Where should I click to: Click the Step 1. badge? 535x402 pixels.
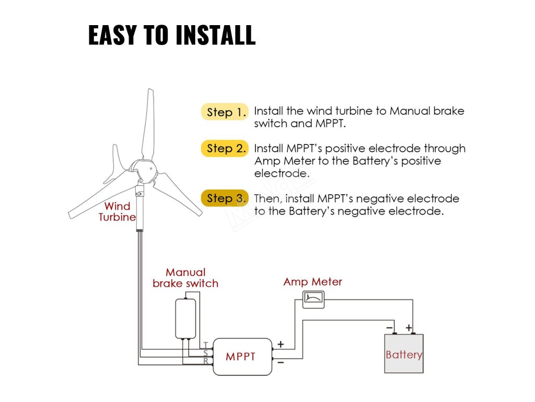click(x=225, y=112)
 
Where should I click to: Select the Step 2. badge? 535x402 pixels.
click(x=225, y=149)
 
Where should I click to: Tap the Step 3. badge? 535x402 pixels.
click(x=225, y=198)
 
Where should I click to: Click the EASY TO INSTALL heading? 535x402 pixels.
click(x=172, y=36)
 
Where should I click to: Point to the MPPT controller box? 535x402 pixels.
click(x=242, y=356)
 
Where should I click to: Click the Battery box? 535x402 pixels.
click(x=403, y=354)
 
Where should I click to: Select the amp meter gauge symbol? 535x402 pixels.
click(x=313, y=299)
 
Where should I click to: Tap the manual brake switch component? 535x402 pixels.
click(x=185, y=319)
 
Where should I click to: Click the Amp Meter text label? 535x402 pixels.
click(x=312, y=282)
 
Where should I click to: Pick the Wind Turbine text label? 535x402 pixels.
click(x=117, y=211)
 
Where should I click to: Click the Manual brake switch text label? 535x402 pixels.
click(x=185, y=278)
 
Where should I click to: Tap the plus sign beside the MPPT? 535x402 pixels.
click(x=281, y=344)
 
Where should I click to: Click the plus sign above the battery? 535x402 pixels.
click(x=409, y=328)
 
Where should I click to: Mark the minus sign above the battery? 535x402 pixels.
click(x=390, y=328)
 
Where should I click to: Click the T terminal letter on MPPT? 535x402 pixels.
click(x=206, y=344)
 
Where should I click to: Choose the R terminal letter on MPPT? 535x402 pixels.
click(x=206, y=361)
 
